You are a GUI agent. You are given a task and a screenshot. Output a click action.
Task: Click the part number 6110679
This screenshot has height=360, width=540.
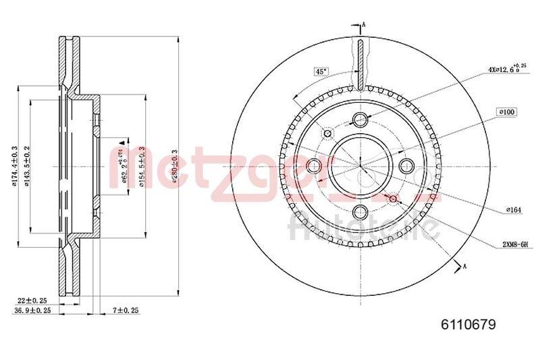tap(468, 325)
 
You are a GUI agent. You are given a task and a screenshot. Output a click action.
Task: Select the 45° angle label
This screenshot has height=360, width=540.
tap(320, 71)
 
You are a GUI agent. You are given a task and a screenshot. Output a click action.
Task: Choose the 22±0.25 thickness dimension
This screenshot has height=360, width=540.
tap(32, 300)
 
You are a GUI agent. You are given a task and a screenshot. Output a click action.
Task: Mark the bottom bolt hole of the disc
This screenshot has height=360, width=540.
tap(360, 211)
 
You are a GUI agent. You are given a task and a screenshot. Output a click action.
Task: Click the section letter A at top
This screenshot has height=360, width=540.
tap(364, 25)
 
